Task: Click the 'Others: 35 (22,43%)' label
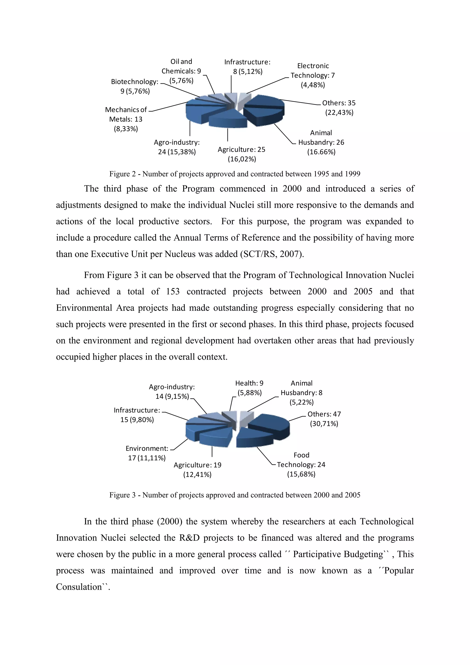coord(339,108)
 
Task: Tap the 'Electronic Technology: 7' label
coord(313,75)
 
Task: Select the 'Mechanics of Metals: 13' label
coord(126,119)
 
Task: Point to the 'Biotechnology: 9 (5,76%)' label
coord(135,86)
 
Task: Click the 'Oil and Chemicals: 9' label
coord(181,71)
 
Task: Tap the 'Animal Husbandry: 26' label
coord(321,142)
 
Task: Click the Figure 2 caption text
coord(235,174)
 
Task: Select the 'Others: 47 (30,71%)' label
coord(324,419)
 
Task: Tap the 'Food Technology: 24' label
coord(301,465)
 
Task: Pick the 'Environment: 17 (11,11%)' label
coord(147,453)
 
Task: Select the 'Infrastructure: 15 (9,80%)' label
coord(137,415)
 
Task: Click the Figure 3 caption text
coord(235,495)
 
